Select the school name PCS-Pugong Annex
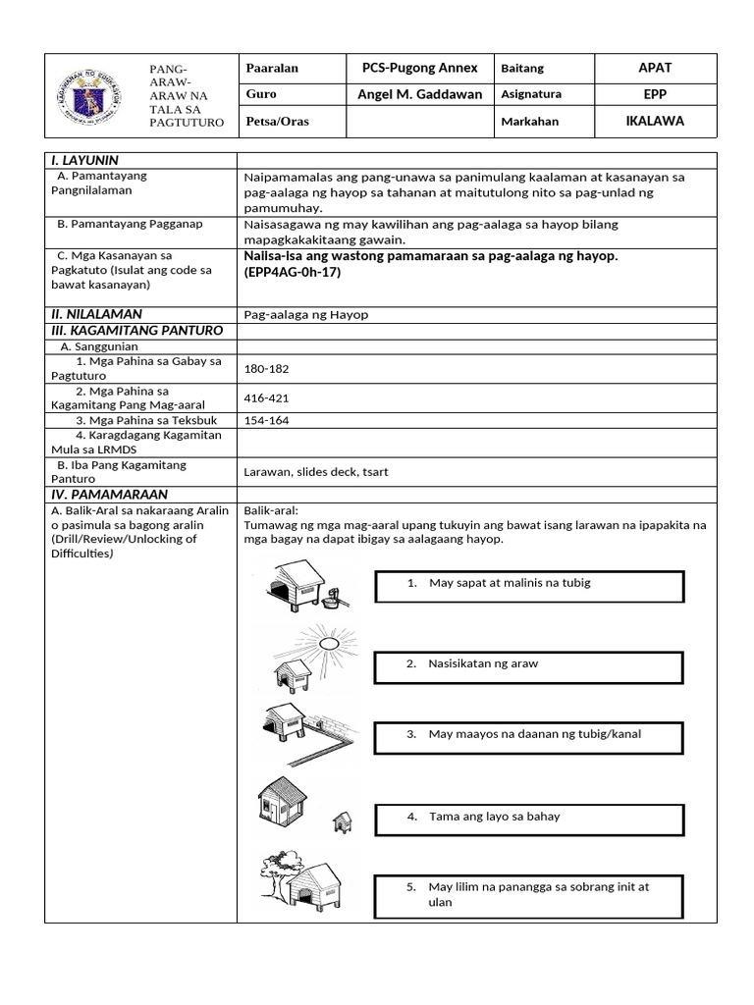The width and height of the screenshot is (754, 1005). coord(419,68)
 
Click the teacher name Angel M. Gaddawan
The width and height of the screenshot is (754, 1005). coord(419,94)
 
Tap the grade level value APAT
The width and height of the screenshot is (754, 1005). coord(655,68)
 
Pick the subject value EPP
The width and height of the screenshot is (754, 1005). coord(655,94)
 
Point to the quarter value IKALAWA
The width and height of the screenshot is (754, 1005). coord(655,122)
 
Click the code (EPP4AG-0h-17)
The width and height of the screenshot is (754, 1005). coord(293,272)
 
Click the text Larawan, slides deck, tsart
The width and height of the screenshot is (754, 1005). coord(316,471)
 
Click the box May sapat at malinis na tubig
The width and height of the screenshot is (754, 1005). coord(529,587)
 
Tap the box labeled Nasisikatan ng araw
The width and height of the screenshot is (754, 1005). coord(529,667)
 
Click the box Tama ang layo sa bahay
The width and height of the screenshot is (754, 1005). coord(529,820)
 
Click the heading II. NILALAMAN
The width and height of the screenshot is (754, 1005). coord(96,314)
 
